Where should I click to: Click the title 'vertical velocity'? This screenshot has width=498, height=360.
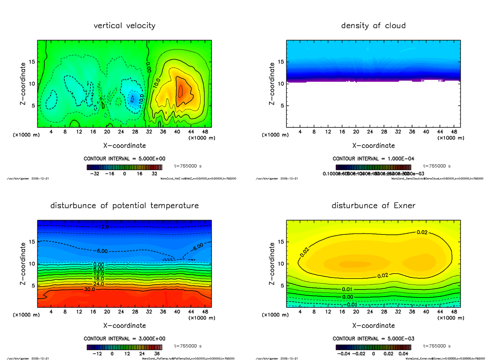coord(124,26)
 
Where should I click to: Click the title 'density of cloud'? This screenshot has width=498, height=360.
coord(373,26)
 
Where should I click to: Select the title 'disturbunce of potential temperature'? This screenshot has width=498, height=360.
coord(124,206)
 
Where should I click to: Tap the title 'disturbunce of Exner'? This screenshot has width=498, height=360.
coord(373,206)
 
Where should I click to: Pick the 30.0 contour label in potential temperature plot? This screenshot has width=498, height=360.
coord(90,289)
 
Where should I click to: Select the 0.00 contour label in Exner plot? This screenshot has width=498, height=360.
coord(348,297)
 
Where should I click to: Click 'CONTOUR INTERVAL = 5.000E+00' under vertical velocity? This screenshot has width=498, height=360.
coord(124,159)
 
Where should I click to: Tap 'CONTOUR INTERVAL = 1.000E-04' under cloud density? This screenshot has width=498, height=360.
coord(373,159)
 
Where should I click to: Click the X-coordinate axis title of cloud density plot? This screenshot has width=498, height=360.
coord(373,146)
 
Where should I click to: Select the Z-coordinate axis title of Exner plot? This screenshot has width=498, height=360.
coord(272,263)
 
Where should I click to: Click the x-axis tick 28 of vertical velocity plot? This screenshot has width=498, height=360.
coord(135,132)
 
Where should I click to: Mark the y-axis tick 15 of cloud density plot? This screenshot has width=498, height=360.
coord(281,62)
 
